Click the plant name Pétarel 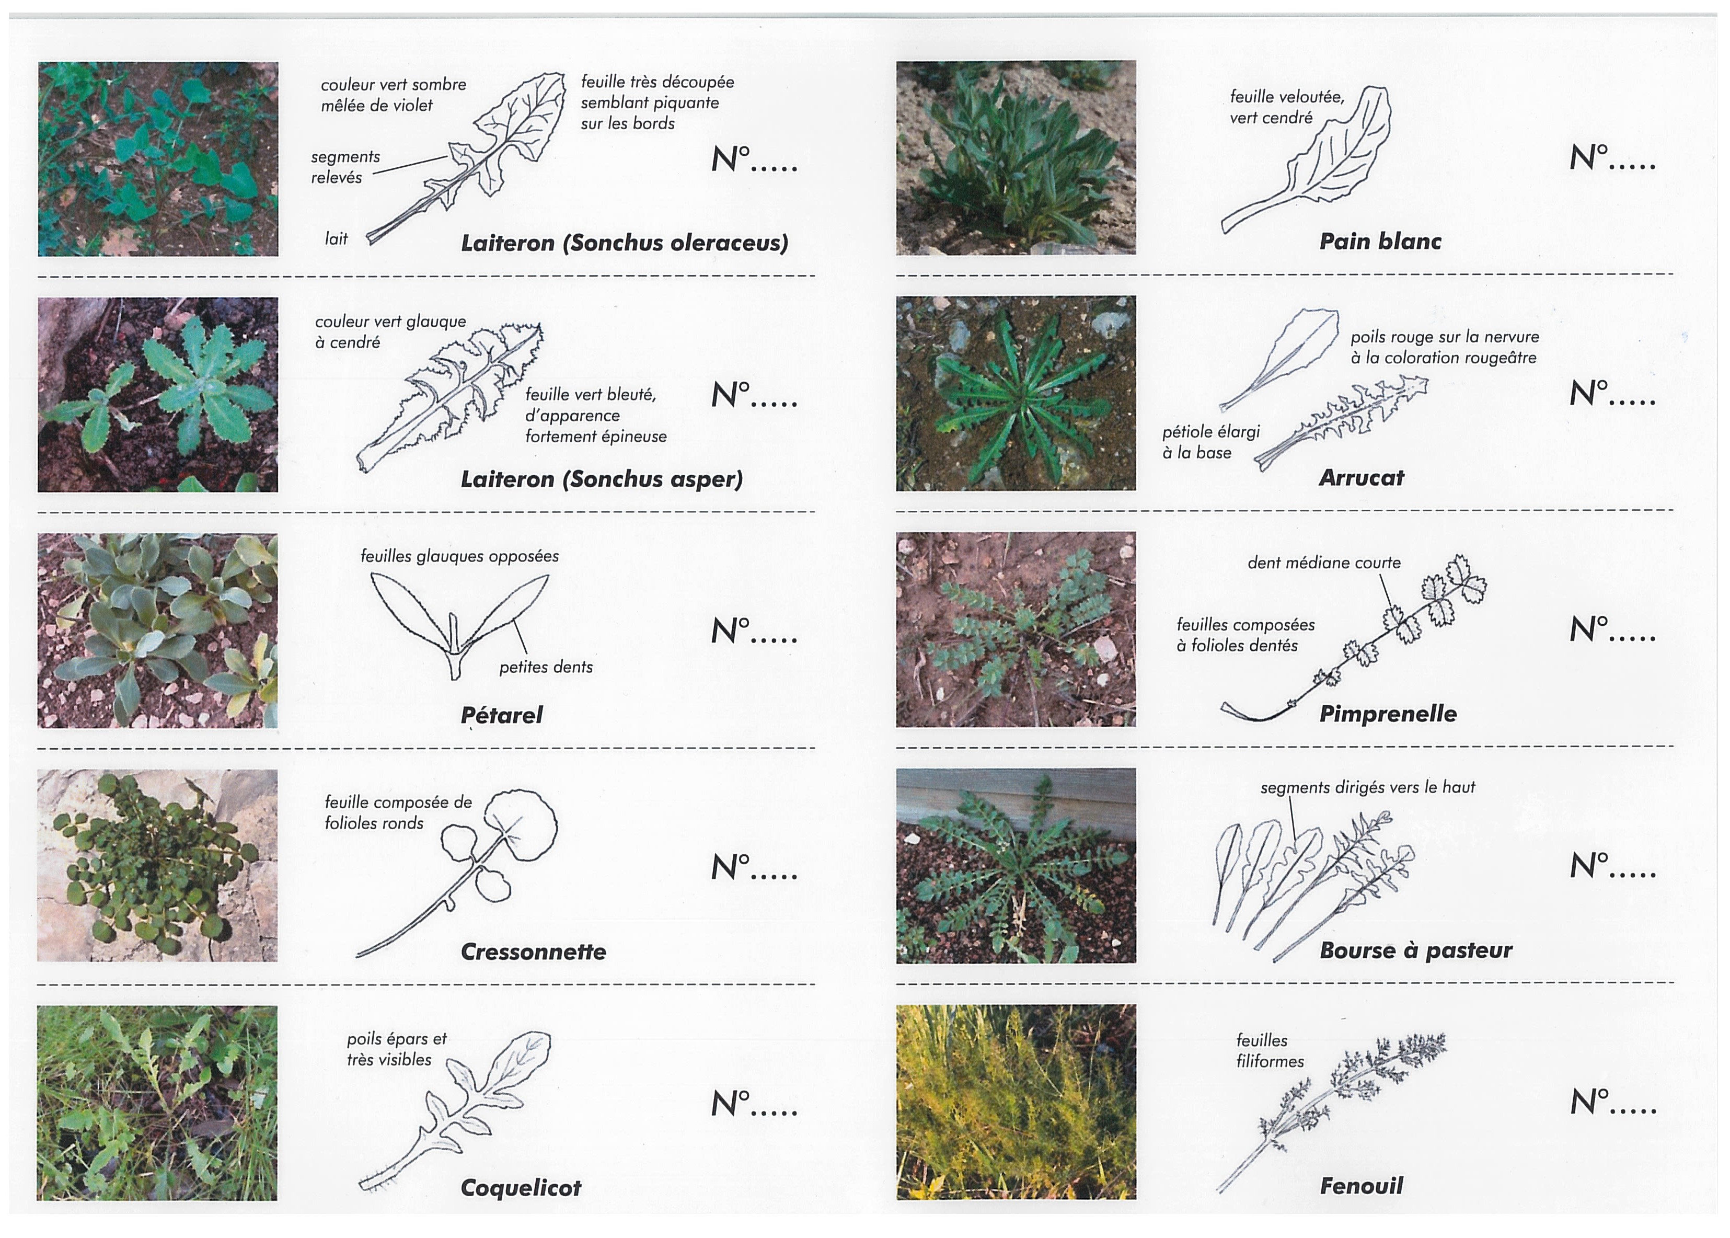[501, 715]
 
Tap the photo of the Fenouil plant [1016, 1102]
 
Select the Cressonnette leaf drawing [457, 874]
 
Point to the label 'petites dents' [546, 667]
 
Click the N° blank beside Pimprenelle [1612, 629]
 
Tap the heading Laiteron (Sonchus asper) [601, 479]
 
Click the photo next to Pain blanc [1016, 158]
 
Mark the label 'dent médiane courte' [1324, 563]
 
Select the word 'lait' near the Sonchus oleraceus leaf [336, 238]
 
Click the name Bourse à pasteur [1415, 950]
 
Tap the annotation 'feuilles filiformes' [1270, 1050]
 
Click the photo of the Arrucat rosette [1016, 393]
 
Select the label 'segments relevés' [345, 167]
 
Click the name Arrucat [1361, 478]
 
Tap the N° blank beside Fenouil [1612, 1102]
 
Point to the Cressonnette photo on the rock [157, 865]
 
